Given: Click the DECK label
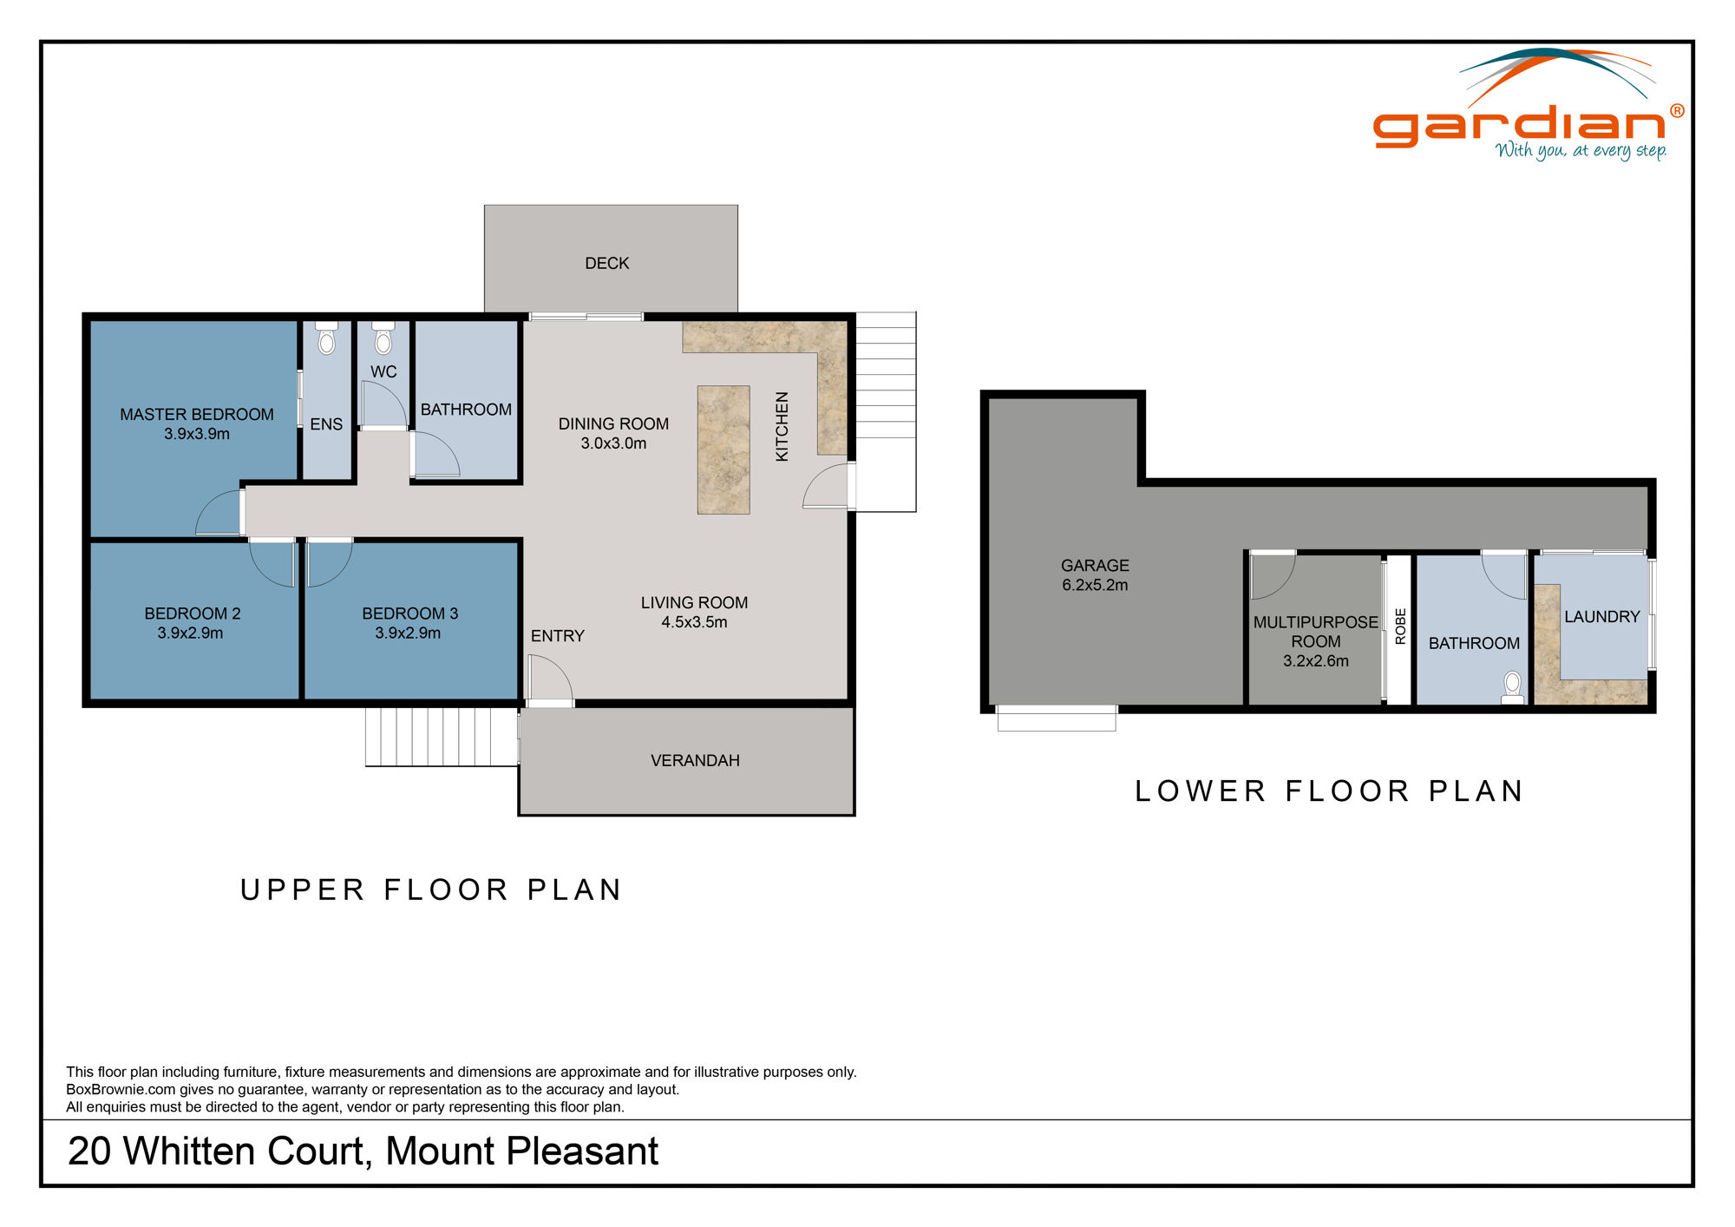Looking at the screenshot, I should coord(606,263).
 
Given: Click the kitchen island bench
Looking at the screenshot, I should coord(723,449).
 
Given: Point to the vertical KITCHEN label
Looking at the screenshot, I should coord(782,426).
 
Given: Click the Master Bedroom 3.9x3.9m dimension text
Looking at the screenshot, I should coord(197,434).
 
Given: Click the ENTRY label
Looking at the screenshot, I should coord(557,636).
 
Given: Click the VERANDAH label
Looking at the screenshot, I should coord(695,761).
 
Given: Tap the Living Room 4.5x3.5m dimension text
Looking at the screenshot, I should coord(694,622).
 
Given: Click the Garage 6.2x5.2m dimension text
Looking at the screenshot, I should coord(1095,585).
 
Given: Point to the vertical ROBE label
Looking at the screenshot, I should coord(1399,627).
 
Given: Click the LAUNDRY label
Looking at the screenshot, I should coord(1601,617).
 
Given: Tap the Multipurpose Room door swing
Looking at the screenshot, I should coord(1272,575).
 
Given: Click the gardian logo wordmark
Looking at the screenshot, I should coord(1518,127).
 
